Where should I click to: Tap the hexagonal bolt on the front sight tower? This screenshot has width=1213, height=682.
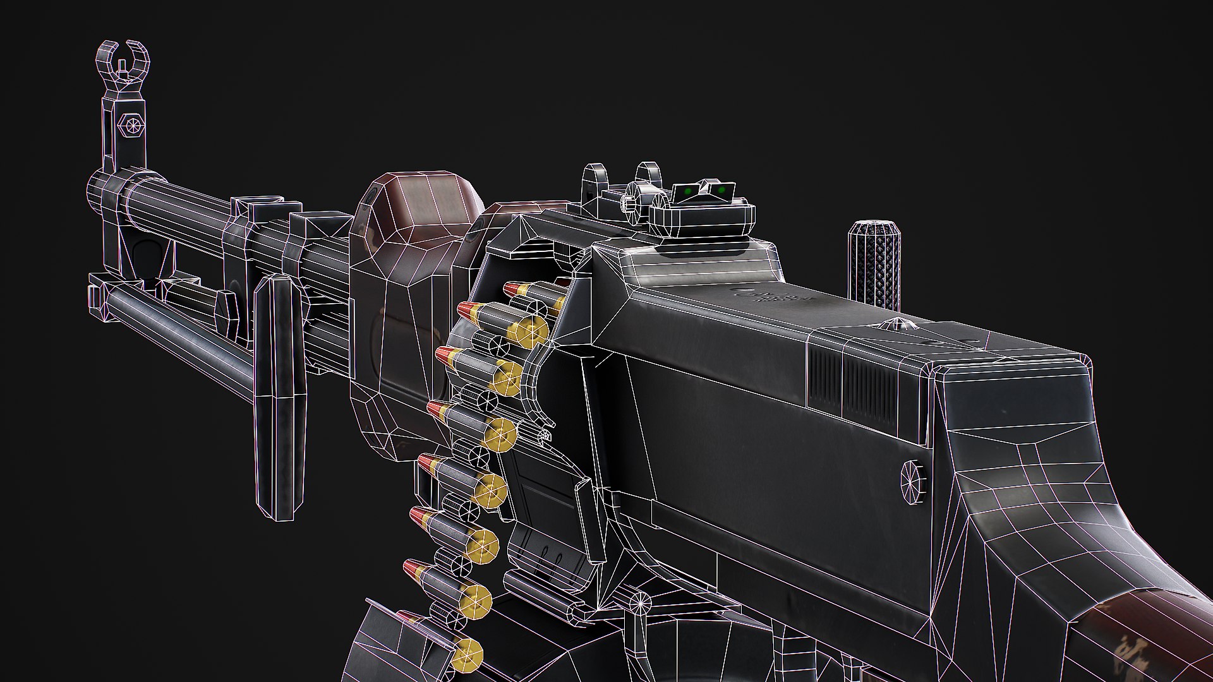[x=133, y=124]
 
